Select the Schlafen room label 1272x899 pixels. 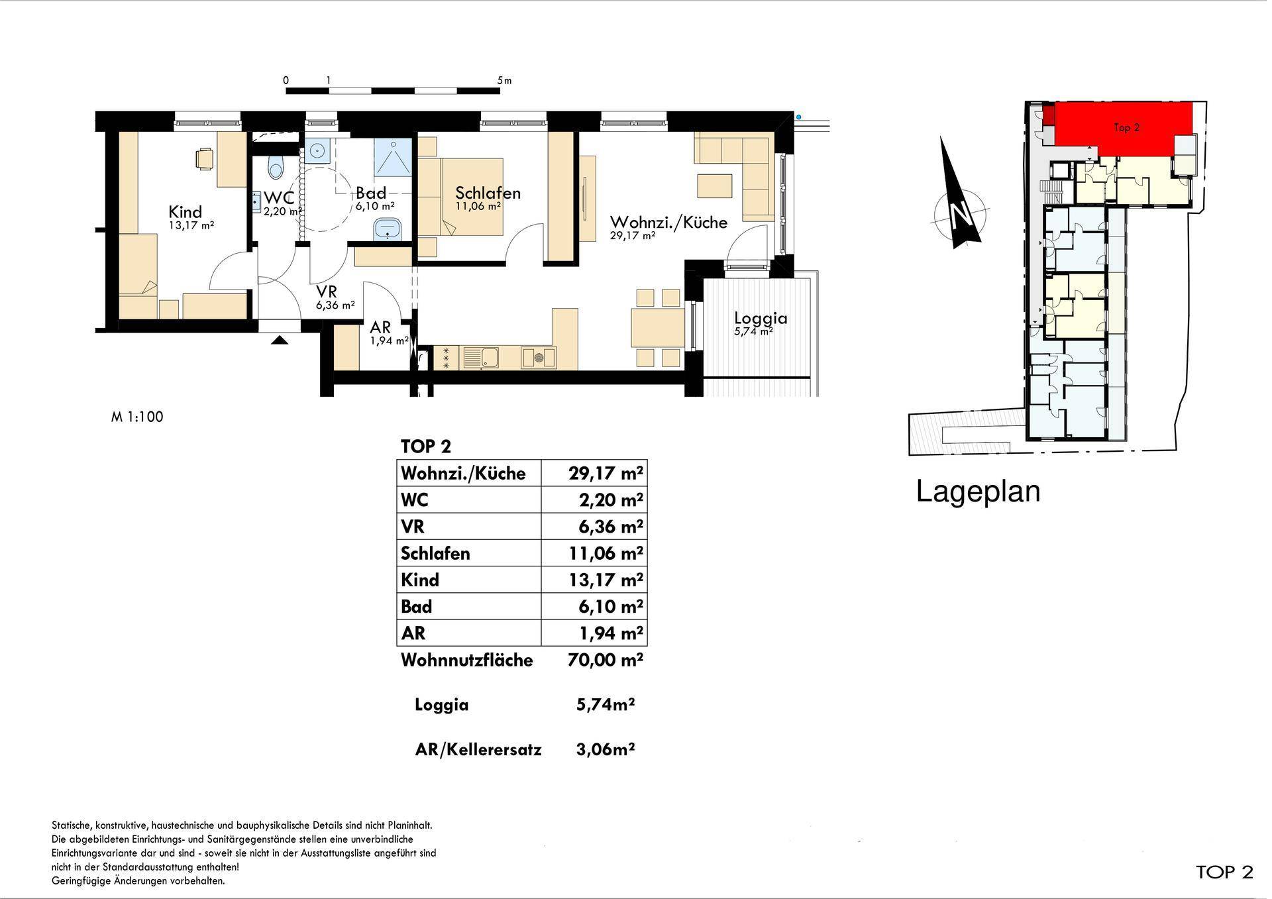click(x=488, y=193)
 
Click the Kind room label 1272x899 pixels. click(x=185, y=212)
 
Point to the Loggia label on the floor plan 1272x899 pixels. click(x=761, y=319)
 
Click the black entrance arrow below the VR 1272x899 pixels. click(x=280, y=340)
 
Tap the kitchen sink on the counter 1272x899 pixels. click(x=491, y=358)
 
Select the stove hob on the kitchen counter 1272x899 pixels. click(x=539, y=358)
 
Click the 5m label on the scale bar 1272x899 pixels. click(x=504, y=81)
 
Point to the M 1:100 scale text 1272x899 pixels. click(x=137, y=417)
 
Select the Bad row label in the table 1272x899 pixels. click(x=416, y=606)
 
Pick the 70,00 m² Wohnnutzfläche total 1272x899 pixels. click(x=606, y=660)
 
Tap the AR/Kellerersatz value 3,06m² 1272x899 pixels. click(x=606, y=749)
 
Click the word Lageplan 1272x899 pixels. click(x=978, y=492)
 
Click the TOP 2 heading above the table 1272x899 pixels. click(x=426, y=447)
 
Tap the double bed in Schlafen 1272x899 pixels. click(x=460, y=197)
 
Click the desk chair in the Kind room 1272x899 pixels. click(x=205, y=158)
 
